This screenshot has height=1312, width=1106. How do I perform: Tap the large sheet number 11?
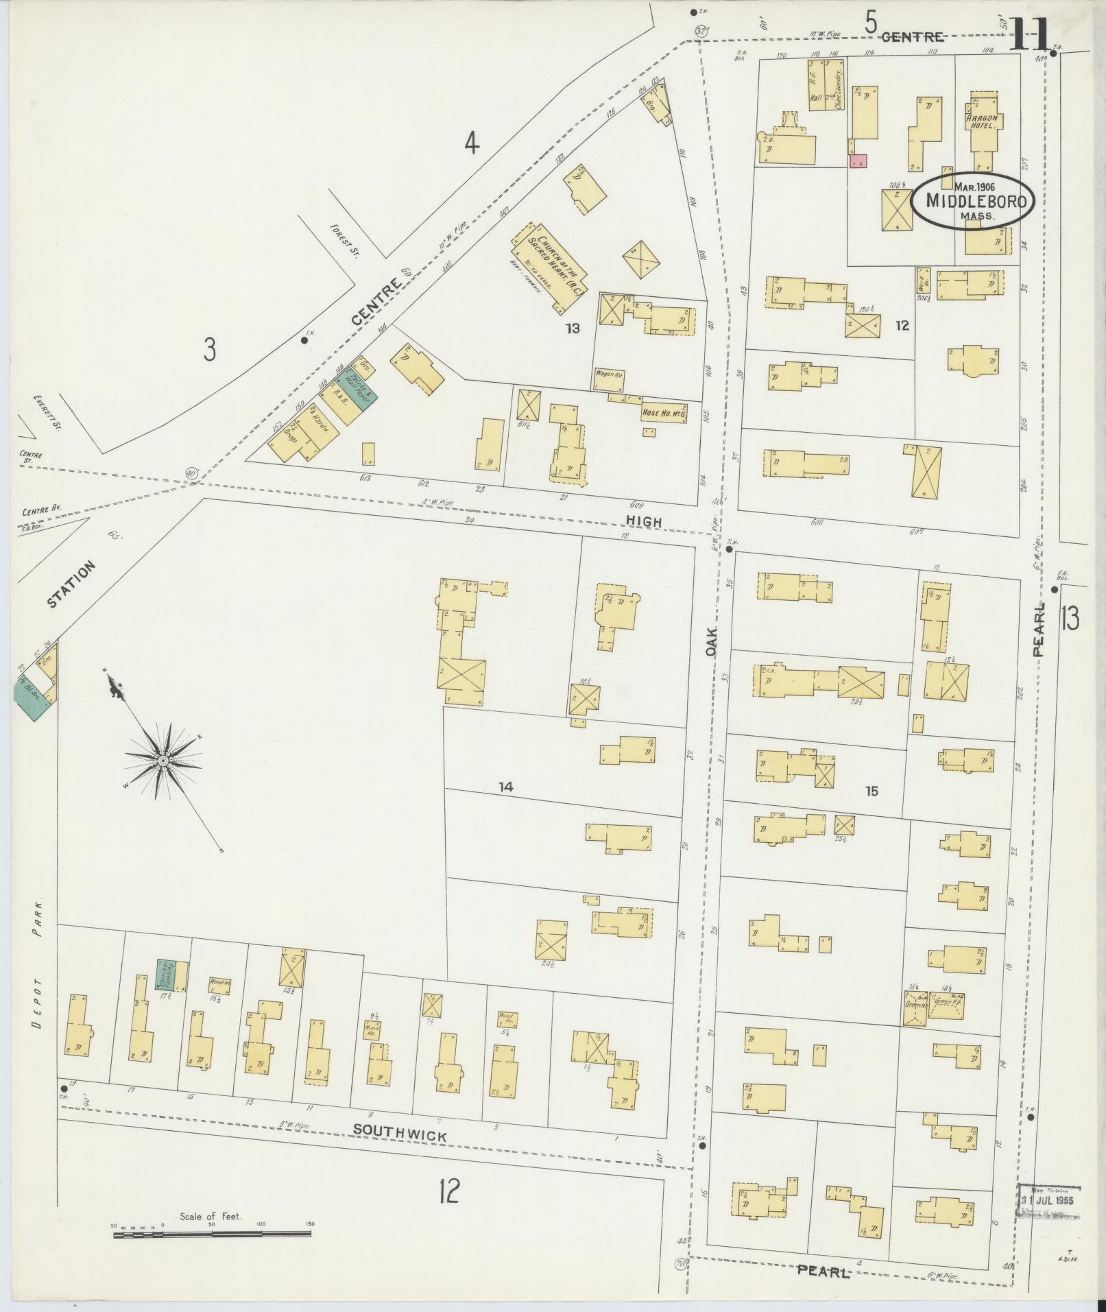coord(1029,34)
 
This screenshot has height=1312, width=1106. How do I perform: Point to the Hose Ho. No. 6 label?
coord(664,415)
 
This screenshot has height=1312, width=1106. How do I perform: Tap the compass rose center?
coord(164,761)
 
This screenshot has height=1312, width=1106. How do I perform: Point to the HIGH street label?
coord(643,522)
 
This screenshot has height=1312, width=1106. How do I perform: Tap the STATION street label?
coord(71,584)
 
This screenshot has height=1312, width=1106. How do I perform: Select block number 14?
coord(505,787)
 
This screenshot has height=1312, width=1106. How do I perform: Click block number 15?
coord(871,791)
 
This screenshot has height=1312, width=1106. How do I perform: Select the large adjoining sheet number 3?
coord(209,350)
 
